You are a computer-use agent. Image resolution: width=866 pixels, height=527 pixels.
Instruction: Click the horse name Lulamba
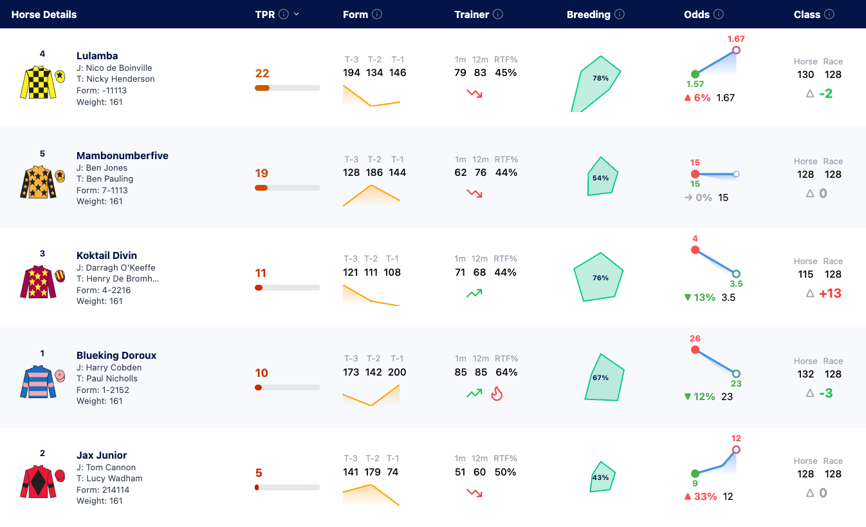97,56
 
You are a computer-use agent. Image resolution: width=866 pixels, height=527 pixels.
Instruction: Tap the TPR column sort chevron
297,14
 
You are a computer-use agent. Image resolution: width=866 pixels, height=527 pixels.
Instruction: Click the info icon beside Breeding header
620,14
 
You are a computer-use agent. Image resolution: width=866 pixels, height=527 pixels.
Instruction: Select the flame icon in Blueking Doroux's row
497,394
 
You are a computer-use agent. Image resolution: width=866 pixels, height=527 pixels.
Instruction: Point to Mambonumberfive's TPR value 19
262,173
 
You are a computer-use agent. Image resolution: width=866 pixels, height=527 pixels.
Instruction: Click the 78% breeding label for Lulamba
600,78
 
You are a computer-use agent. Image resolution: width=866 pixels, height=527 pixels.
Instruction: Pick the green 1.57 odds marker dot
695,74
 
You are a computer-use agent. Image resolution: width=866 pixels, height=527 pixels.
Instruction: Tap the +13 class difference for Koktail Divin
830,293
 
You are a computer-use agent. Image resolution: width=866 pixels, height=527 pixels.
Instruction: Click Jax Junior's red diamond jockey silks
38,481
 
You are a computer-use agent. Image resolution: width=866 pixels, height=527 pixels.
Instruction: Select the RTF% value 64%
506,372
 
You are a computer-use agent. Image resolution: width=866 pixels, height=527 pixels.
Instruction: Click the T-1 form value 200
397,372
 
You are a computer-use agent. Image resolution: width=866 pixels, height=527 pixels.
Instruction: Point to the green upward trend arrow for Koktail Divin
474,294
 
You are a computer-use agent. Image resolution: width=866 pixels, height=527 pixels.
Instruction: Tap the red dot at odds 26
695,350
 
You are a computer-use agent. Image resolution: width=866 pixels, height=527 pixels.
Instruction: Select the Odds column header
697,15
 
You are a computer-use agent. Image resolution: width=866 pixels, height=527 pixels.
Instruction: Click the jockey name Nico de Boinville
119,68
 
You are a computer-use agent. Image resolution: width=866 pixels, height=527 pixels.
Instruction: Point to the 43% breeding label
600,478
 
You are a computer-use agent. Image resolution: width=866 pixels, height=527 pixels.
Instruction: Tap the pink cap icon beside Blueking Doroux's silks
60,376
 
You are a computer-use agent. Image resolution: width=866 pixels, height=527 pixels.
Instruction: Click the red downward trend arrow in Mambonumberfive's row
474,194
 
